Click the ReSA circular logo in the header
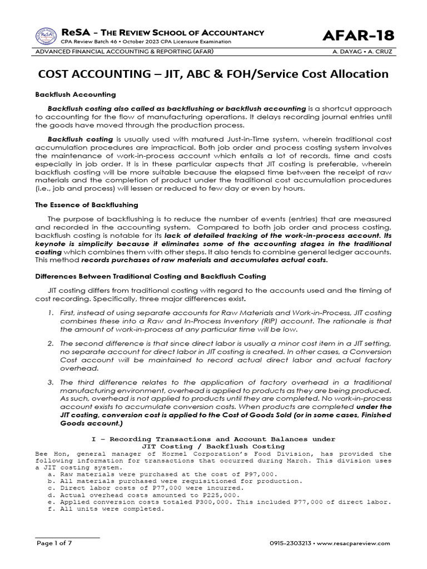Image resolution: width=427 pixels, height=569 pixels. (46, 36)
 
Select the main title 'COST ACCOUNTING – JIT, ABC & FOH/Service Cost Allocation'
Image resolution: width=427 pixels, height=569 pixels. (213, 74)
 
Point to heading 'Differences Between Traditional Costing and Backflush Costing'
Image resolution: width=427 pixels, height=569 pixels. (151, 276)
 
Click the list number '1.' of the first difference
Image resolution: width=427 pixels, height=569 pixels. (51, 314)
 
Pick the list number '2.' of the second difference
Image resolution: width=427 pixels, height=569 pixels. (51, 343)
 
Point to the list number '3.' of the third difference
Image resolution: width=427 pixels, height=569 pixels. (51, 382)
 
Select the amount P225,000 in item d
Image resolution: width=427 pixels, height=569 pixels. (221, 495)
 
